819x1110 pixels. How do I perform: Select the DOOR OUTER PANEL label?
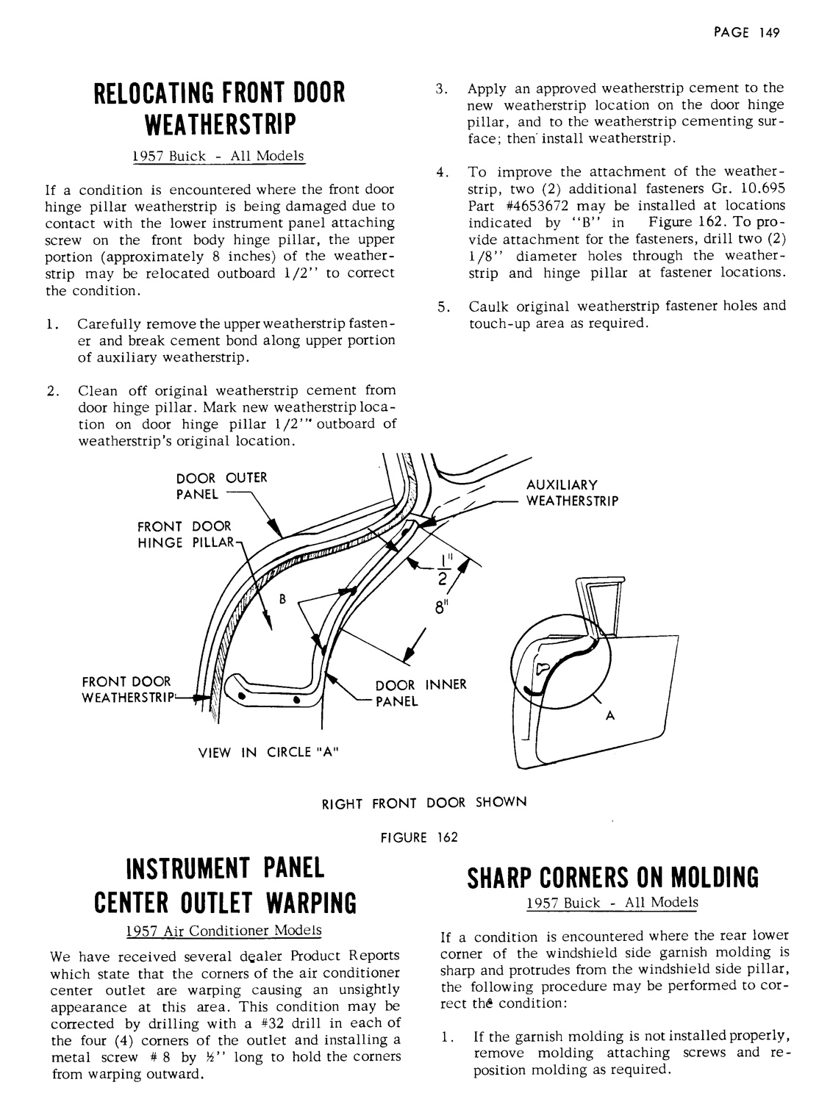pos(221,485)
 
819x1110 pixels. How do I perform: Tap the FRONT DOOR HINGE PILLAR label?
pos(185,534)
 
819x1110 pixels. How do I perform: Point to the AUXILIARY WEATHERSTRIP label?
pos(573,493)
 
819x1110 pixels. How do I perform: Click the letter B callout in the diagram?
pos(281,598)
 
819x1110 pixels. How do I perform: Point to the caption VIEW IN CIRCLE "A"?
pos(268,751)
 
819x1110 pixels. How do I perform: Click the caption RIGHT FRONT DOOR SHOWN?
pos(424,802)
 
